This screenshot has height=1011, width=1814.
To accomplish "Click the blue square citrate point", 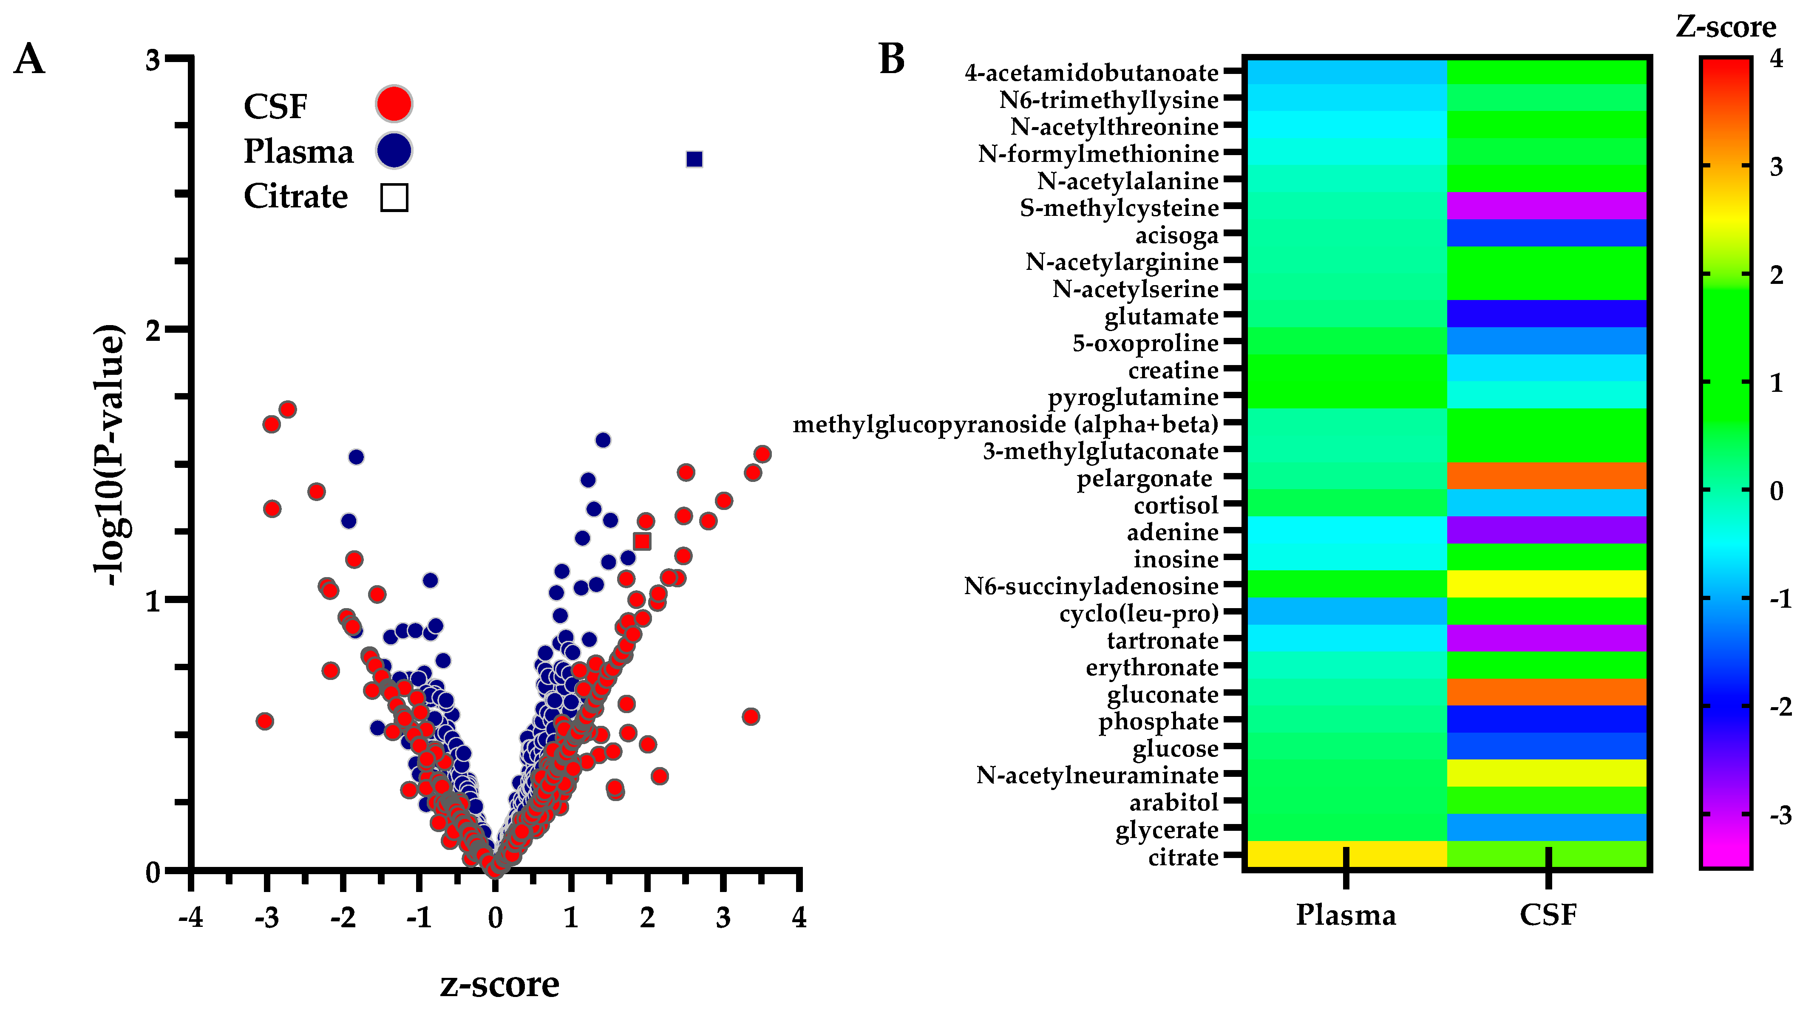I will (x=694, y=159).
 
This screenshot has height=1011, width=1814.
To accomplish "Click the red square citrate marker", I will (x=641, y=541).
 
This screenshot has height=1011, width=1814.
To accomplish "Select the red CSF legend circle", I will (x=394, y=104).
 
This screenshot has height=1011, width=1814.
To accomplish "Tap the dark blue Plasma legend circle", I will (x=394, y=151).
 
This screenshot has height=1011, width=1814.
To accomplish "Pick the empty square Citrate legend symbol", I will (x=394, y=197).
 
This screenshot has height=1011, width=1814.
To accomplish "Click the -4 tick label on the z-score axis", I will (x=190, y=918).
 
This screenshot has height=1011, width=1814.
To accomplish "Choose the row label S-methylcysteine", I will (x=1119, y=208).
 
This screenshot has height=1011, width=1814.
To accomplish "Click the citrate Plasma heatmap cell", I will (x=1346, y=854).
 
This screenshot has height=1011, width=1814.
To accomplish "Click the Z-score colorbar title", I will (x=1725, y=27).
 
